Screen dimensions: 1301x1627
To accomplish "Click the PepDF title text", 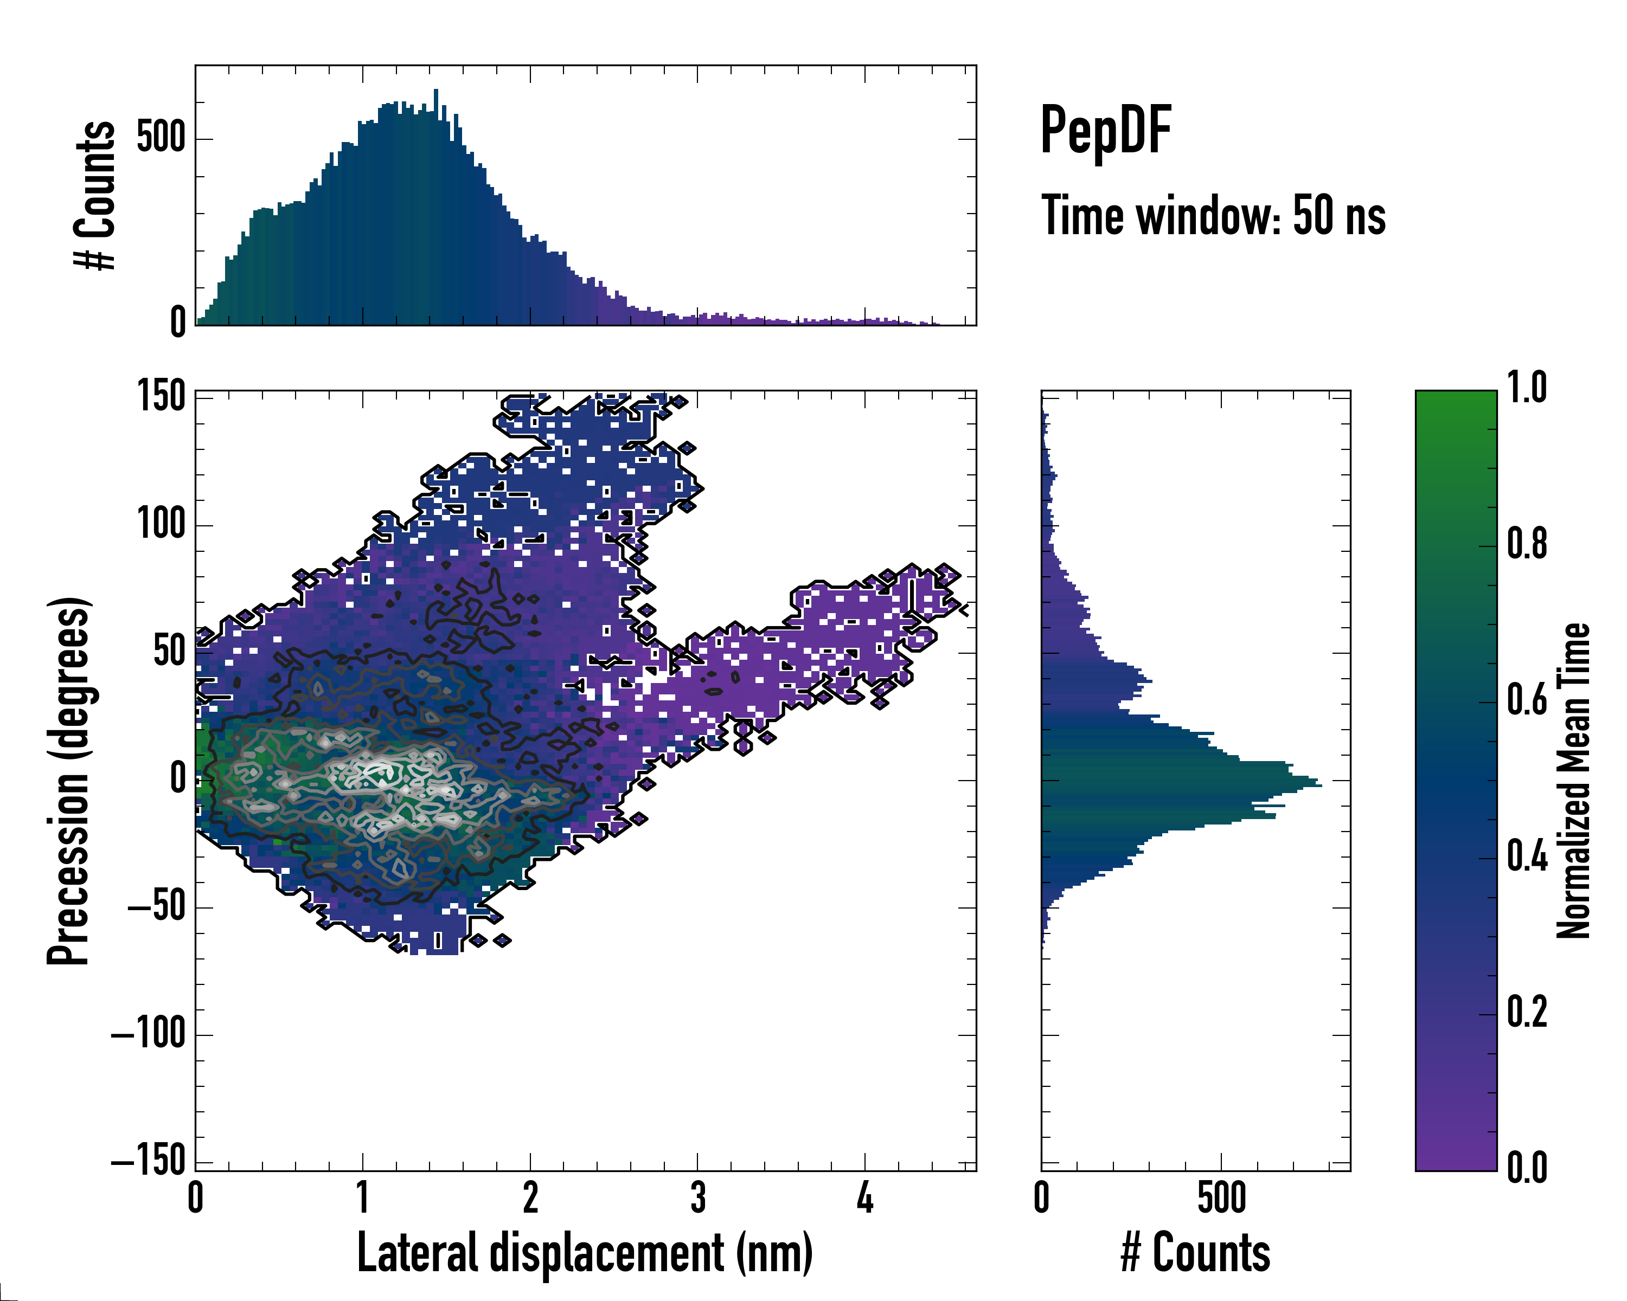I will [x=1105, y=131].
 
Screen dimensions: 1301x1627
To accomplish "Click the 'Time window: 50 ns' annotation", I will [x=1213, y=216].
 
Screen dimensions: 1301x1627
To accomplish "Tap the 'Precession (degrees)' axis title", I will [x=69, y=781].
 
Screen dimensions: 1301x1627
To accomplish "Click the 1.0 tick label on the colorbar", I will [x=1527, y=389].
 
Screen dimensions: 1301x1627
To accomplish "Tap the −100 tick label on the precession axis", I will [x=149, y=1033].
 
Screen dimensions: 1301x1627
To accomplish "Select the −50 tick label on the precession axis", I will [x=157, y=906].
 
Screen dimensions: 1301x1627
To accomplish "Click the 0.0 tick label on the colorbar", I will [x=1527, y=1168].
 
